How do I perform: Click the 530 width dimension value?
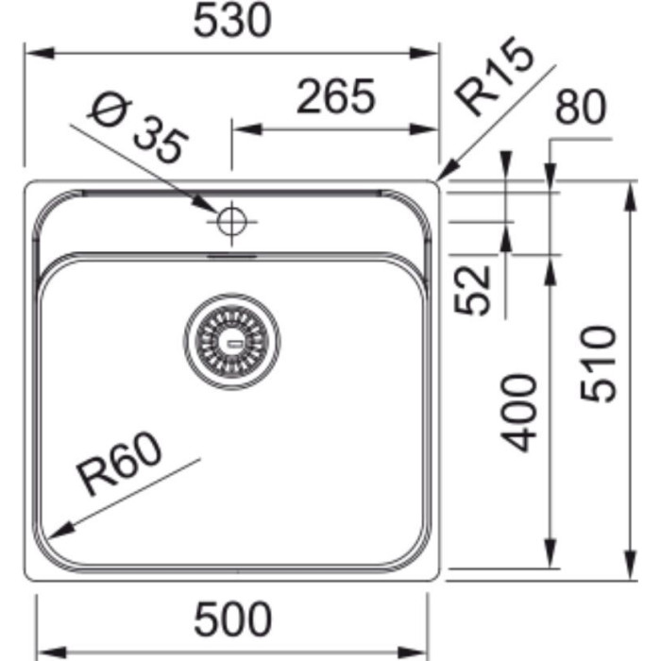pyautogui.click(x=231, y=21)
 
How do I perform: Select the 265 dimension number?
pyautogui.click(x=335, y=96)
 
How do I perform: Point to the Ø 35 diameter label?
pyautogui.click(x=138, y=127)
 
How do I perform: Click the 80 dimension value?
pyautogui.click(x=581, y=107)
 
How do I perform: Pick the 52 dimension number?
pyautogui.click(x=472, y=290)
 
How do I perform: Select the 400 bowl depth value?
pyautogui.click(x=518, y=413)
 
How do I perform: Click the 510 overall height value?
pyautogui.click(x=598, y=364)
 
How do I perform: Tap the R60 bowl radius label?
pyautogui.click(x=119, y=465)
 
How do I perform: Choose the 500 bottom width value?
pyautogui.click(x=232, y=619)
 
